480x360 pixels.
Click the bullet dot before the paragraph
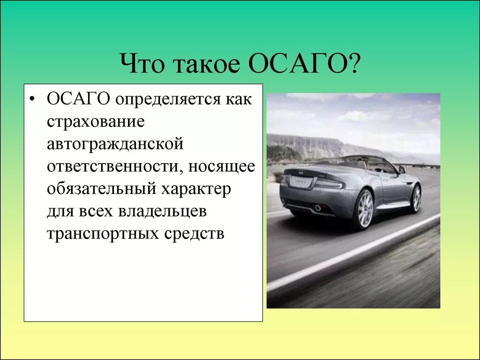click(x=32, y=100)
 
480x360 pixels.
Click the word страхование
click(x=95, y=122)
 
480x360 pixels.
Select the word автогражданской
click(x=114, y=144)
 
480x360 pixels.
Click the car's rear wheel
click(x=364, y=209)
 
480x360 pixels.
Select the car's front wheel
click(x=416, y=198)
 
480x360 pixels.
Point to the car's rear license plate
click(x=300, y=182)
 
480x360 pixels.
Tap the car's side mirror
click(x=402, y=170)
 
